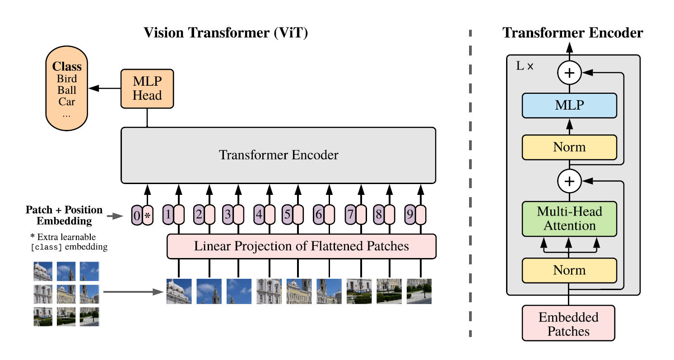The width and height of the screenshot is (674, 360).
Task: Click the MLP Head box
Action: click(x=147, y=88)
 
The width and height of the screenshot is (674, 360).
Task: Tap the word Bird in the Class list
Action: click(x=67, y=79)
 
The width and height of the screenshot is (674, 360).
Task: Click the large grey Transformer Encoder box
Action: click(x=278, y=155)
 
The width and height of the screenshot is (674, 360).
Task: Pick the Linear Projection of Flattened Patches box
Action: click(x=302, y=246)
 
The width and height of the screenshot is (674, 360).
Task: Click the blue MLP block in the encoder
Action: click(x=569, y=106)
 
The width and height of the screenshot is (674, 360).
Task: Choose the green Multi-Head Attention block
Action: click(x=569, y=218)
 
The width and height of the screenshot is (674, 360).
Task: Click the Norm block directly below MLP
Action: click(x=569, y=147)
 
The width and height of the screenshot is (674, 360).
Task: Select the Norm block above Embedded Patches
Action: click(x=569, y=270)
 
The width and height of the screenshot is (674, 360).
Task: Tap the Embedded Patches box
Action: click(x=568, y=323)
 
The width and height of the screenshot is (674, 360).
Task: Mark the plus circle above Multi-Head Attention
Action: click(x=570, y=181)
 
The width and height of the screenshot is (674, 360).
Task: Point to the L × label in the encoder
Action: click(x=525, y=66)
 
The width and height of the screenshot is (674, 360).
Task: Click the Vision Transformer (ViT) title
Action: click(x=225, y=33)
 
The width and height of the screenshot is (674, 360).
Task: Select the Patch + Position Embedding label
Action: click(x=64, y=216)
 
